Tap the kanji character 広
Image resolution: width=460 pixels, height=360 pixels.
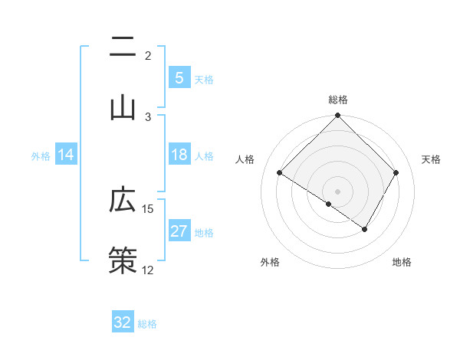(x=123, y=201)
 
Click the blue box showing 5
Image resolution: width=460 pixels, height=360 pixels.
(x=179, y=78)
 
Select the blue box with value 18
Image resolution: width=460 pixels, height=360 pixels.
(x=179, y=155)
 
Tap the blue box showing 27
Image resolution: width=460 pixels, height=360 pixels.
(x=179, y=231)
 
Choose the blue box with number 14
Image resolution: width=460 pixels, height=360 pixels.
(x=66, y=155)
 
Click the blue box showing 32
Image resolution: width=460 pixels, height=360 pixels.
(x=123, y=322)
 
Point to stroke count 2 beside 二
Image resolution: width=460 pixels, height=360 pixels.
(x=148, y=56)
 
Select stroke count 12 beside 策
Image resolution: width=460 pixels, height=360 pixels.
(x=148, y=270)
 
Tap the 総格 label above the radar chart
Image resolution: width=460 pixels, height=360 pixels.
(x=338, y=100)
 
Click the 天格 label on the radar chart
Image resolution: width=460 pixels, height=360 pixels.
(x=432, y=159)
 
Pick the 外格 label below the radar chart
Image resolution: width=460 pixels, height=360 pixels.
(x=270, y=262)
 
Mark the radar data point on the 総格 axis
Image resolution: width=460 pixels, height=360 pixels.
(x=338, y=116)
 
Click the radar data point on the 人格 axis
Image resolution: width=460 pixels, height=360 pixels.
(x=280, y=173)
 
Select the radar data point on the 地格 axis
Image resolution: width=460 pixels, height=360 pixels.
(x=365, y=229)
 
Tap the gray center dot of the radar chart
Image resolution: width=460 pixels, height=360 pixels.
(x=338, y=191)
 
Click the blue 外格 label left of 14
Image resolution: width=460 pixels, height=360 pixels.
(x=40, y=155)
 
